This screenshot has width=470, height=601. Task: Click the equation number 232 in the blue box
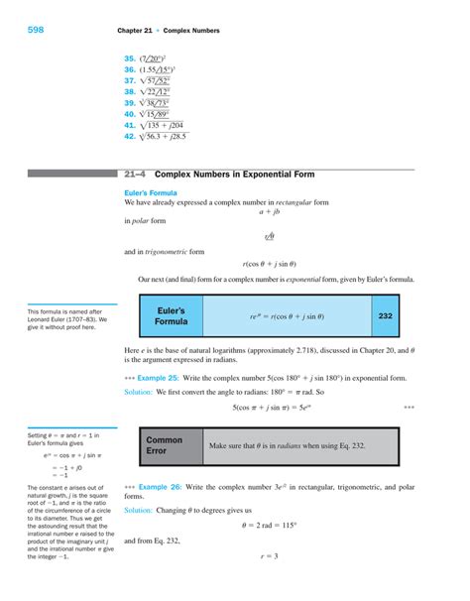pos(387,316)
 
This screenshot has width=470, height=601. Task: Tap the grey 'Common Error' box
pos(165,445)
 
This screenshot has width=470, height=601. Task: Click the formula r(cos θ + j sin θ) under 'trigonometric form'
pos(269,264)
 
